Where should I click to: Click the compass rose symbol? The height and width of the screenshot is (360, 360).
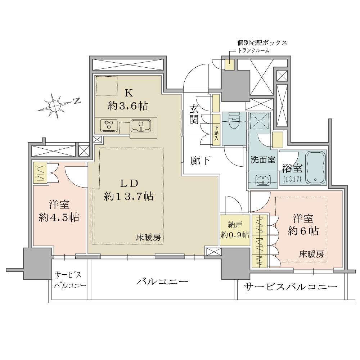pyautogui.click(x=55, y=105)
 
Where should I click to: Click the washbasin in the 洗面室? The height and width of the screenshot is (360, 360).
pyautogui.click(x=263, y=180)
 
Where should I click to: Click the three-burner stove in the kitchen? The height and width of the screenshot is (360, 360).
pyautogui.click(x=110, y=126)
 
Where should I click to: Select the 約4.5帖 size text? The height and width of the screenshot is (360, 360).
pyautogui.click(x=59, y=218)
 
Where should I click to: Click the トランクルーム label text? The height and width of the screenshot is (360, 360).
pyautogui.click(x=254, y=51)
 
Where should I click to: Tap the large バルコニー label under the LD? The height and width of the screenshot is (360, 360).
pyautogui.click(x=162, y=281)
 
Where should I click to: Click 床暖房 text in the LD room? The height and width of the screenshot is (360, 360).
pyautogui.click(x=148, y=237)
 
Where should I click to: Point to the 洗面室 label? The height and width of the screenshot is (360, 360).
pyautogui.click(x=263, y=160)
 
